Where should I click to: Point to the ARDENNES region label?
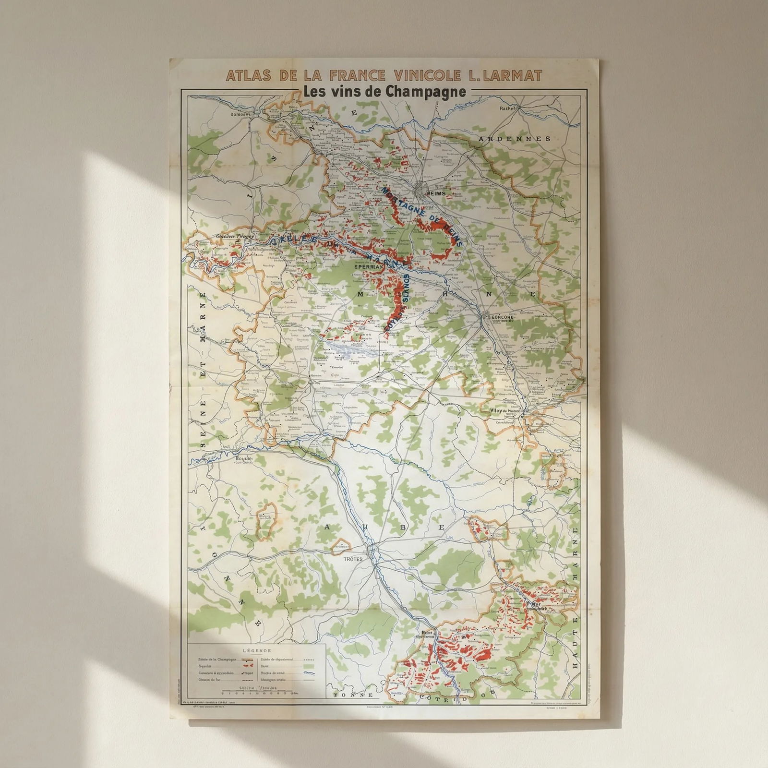click(x=514, y=139)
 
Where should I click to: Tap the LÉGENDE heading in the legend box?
click(x=257, y=651)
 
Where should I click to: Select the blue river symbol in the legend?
click(x=309, y=673)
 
